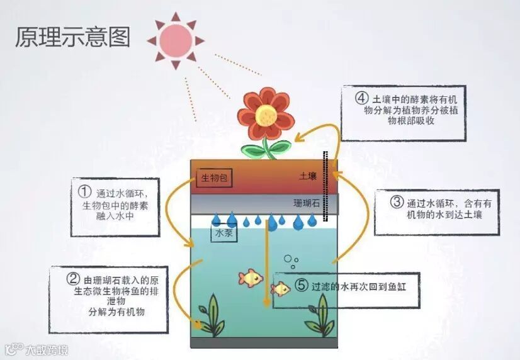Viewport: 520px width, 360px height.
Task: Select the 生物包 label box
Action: tap(215, 178)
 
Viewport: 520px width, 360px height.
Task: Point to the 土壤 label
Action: tap(308, 177)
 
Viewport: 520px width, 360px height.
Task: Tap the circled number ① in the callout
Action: tap(85, 189)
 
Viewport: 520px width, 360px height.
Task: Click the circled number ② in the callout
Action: tap(73, 279)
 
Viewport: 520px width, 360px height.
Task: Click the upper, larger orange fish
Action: tap(251, 277)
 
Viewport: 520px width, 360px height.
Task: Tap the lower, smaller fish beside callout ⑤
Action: tap(280, 289)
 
